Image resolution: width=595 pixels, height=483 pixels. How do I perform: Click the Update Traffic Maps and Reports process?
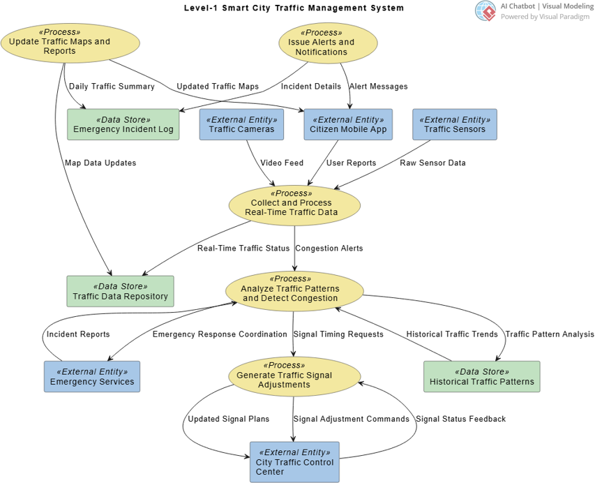click(70, 43)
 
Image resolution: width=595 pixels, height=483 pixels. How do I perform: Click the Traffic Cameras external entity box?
click(241, 124)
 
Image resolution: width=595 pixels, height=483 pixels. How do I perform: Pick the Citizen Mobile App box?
click(349, 124)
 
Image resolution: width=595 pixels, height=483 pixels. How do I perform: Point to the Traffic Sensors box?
click(454, 124)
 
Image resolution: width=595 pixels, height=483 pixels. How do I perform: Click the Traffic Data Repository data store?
click(120, 291)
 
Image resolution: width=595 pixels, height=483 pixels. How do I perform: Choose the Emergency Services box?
click(91, 377)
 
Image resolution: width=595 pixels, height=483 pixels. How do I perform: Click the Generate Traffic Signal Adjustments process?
click(294, 376)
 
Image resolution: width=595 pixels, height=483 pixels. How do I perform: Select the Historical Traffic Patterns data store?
click(481, 377)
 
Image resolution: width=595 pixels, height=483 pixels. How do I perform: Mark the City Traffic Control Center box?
click(294, 462)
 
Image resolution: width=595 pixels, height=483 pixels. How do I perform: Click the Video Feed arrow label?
click(282, 163)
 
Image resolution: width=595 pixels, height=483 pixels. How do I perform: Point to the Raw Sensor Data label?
click(432, 163)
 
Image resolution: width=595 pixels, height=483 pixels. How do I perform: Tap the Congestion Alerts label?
click(329, 248)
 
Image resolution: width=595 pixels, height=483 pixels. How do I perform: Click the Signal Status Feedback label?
click(460, 419)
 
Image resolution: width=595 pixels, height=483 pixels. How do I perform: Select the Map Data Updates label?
click(100, 163)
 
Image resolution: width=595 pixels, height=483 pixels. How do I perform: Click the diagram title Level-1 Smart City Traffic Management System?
click(294, 8)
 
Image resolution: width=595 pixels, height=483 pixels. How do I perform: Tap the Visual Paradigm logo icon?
click(485, 10)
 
